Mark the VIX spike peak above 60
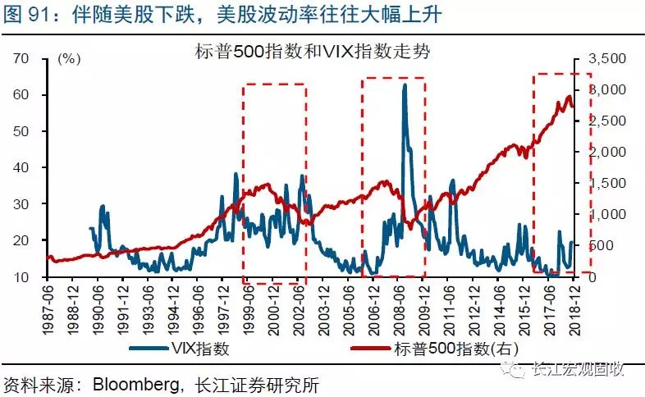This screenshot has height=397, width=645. coord(405,84)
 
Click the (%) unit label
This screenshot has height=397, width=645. coord(71,60)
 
